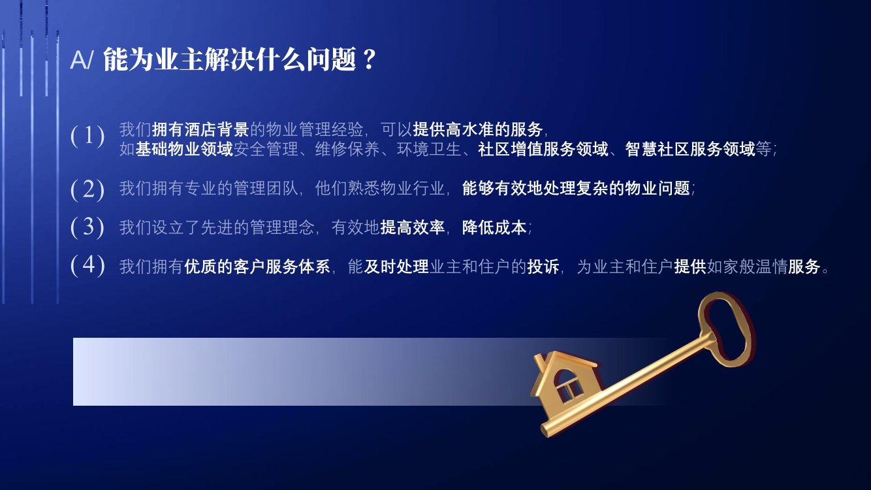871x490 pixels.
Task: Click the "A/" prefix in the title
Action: [82, 60]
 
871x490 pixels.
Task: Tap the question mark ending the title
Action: [368, 59]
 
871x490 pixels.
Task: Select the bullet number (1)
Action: [87, 136]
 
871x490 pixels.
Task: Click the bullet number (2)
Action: [87, 189]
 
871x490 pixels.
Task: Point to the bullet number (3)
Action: [87, 227]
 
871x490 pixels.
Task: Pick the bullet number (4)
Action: [87, 265]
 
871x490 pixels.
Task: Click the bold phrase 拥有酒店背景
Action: [200, 129]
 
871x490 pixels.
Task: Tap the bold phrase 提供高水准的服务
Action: [477, 129]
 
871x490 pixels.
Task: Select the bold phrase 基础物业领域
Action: [184, 149]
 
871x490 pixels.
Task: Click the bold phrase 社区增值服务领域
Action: [543, 149]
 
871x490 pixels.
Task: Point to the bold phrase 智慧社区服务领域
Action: [690, 149]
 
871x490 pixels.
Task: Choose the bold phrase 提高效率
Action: [412, 227]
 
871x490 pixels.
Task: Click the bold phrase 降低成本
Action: [494, 227]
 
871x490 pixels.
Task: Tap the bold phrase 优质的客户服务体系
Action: [257, 267]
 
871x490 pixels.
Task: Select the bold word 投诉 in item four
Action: [543, 267]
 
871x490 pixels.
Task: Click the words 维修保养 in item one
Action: [347, 149]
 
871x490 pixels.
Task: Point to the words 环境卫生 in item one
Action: [429, 149]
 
